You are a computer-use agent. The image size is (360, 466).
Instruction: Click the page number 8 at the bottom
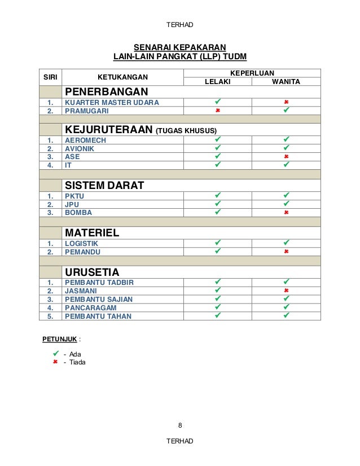click(180, 425)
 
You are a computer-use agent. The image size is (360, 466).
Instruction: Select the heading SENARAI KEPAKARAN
click(179, 47)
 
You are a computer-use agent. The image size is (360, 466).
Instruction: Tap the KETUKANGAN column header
click(123, 77)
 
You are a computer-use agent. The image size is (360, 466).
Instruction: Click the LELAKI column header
click(217, 82)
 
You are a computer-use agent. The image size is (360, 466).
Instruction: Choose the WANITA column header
click(286, 82)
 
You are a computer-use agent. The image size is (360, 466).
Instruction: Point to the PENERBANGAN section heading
click(106, 92)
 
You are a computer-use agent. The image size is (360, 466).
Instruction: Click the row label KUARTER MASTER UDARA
click(112, 103)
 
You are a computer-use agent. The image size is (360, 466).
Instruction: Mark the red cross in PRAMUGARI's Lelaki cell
click(217, 111)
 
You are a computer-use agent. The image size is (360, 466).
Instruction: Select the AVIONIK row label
click(79, 148)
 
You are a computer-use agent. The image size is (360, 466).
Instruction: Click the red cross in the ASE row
click(286, 157)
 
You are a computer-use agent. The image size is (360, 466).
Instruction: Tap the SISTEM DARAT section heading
click(104, 186)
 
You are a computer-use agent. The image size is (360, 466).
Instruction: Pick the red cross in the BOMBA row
click(286, 213)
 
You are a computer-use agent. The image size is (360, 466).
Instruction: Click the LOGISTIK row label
click(81, 243)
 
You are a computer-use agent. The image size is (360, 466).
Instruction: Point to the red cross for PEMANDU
click(286, 252)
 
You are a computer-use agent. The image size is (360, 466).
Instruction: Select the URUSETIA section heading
click(91, 272)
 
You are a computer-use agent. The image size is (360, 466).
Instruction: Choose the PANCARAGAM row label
click(91, 308)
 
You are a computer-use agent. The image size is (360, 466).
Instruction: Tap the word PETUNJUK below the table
click(59, 340)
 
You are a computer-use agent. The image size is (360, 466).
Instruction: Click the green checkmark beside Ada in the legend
click(55, 354)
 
